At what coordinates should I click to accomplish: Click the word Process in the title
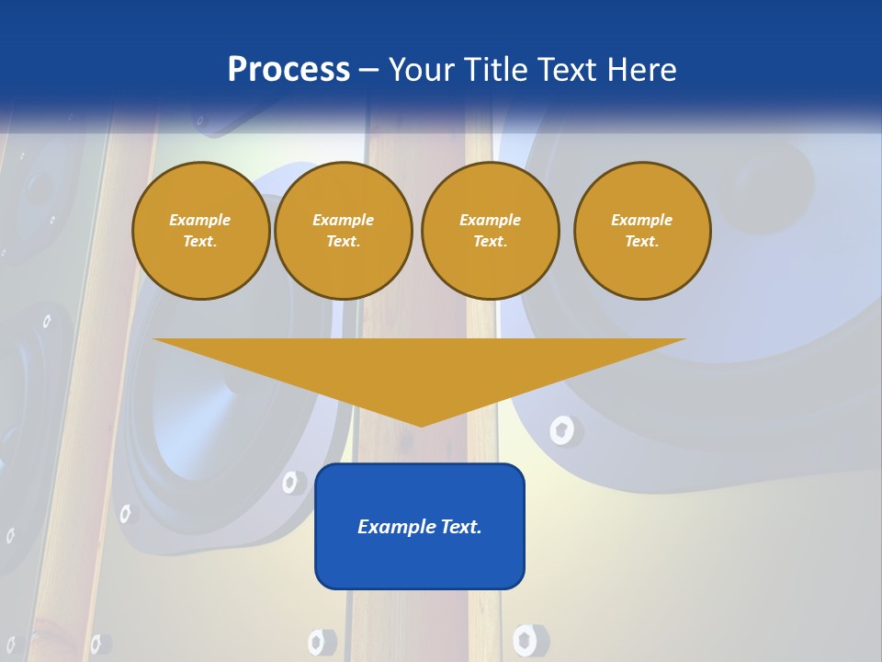[288, 70]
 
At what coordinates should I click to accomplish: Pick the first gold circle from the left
[201, 231]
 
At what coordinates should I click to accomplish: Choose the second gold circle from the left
[344, 231]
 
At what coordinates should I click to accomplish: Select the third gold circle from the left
[491, 231]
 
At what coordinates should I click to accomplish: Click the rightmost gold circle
[642, 231]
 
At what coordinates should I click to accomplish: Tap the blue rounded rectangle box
[420, 552]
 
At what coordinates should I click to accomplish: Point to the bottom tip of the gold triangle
[421, 425]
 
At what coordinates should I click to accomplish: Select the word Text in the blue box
[461, 527]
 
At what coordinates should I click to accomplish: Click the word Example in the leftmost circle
[200, 220]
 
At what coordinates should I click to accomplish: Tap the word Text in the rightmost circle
[641, 242]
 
